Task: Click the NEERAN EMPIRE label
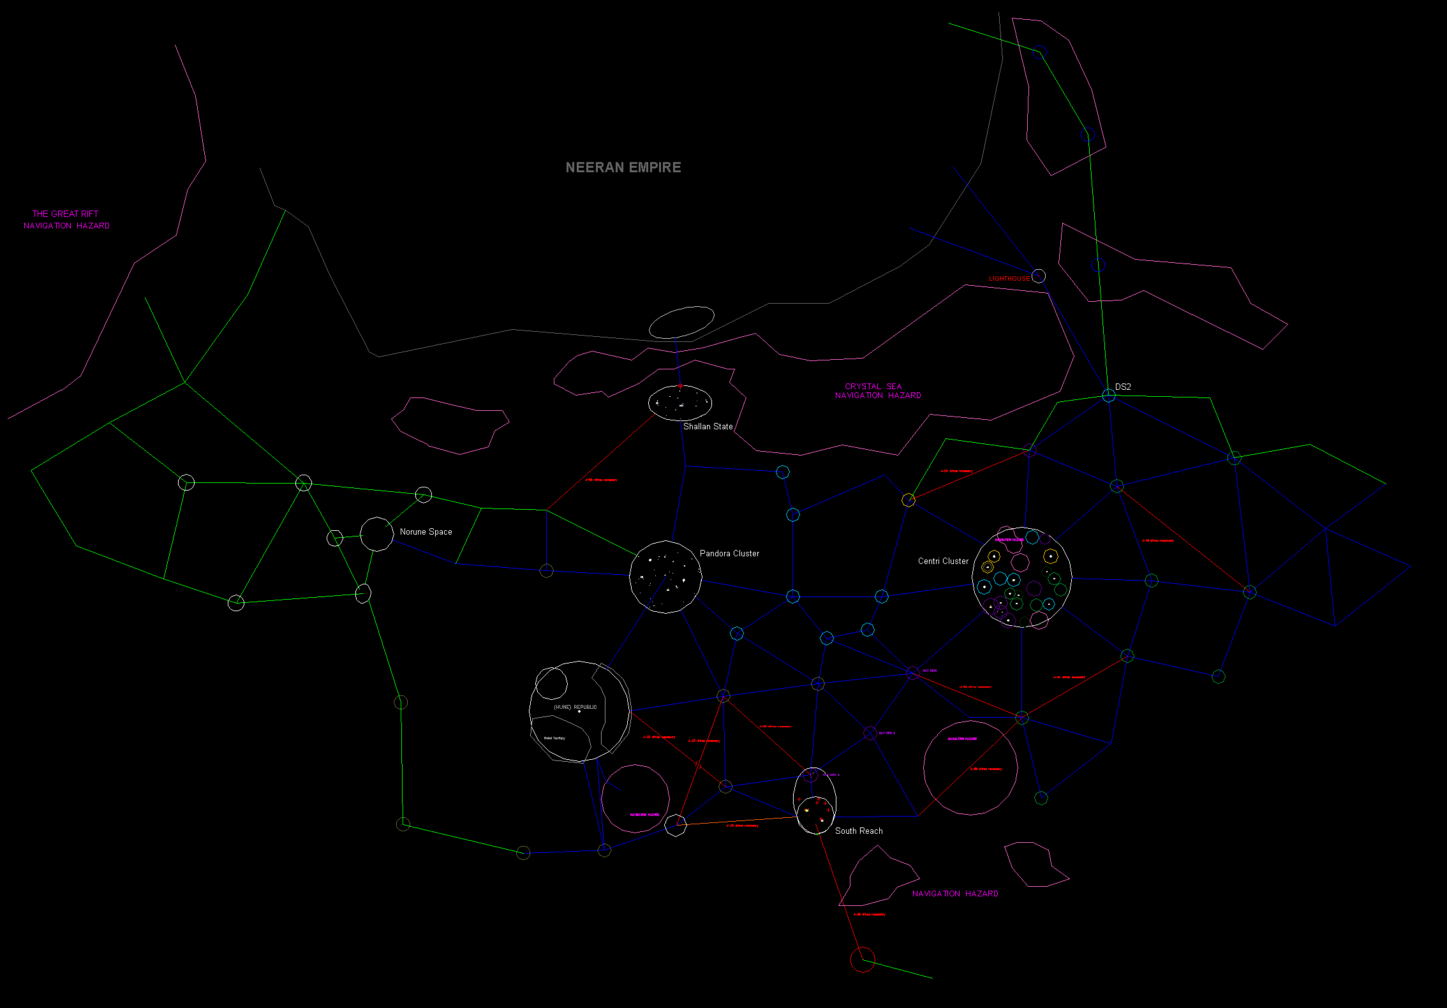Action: click(x=623, y=167)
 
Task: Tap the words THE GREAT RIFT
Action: click(x=65, y=214)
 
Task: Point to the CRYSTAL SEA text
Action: click(x=873, y=387)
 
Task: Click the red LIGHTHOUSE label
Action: click(x=1009, y=279)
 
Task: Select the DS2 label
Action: click(x=1123, y=387)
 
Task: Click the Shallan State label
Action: click(x=708, y=427)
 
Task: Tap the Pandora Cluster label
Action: click(x=729, y=554)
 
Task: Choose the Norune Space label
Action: click(x=426, y=532)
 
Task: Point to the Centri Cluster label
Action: click(x=943, y=561)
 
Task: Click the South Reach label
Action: click(x=859, y=831)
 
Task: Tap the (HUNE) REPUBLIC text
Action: click(x=575, y=708)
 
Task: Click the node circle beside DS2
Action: click(x=1109, y=396)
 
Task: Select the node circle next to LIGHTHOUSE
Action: click(x=1039, y=276)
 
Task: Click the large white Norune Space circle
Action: click(x=376, y=535)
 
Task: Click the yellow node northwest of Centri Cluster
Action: click(x=909, y=500)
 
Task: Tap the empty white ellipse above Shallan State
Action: click(x=681, y=322)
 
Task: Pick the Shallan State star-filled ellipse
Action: click(x=680, y=403)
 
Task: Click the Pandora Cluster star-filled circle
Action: click(x=665, y=577)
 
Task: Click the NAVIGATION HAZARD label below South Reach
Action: click(x=954, y=894)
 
